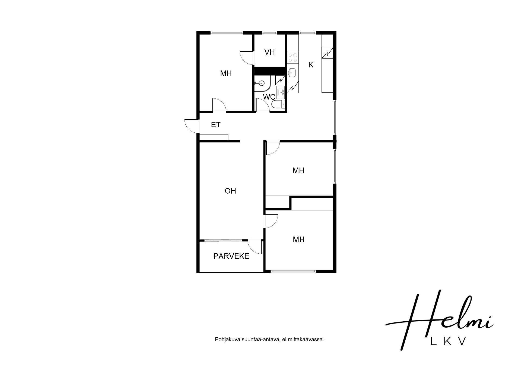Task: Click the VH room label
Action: (269, 52)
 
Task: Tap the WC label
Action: (269, 97)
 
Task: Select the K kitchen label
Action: (311, 65)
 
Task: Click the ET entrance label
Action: (216, 125)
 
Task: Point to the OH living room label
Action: (230, 191)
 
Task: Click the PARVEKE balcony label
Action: (231, 256)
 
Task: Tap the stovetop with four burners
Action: (293, 58)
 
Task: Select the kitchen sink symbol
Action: (292, 73)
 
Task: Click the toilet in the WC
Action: (278, 104)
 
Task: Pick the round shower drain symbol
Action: (262, 83)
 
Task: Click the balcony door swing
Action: (255, 247)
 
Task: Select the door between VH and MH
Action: (247, 57)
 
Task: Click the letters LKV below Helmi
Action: (449, 341)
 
